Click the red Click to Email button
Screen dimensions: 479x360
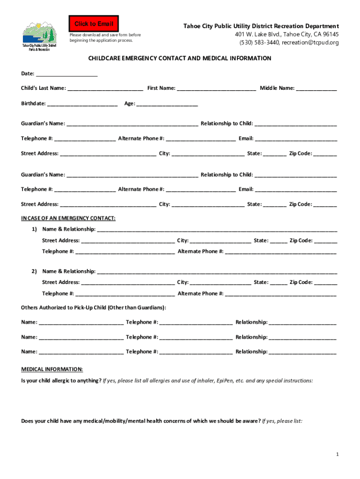tap(92, 24)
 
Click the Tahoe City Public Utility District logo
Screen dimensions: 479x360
tap(39, 36)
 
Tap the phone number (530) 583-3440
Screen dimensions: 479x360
tap(259, 43)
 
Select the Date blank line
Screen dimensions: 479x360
tap(66, 74)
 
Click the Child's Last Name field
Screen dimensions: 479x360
tap(105, 88)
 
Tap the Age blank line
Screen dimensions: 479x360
tap(167, 103)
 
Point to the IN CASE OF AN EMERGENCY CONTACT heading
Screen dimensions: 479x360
tap(68, 218)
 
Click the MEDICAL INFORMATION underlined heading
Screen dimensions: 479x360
tap(52, 369)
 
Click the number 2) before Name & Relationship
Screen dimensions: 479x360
tap(34, 271)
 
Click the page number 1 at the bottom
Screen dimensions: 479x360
tap(337, 455)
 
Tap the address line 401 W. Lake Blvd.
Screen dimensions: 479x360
tap(287, 35)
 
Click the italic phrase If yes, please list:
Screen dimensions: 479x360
tap(282, 421)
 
